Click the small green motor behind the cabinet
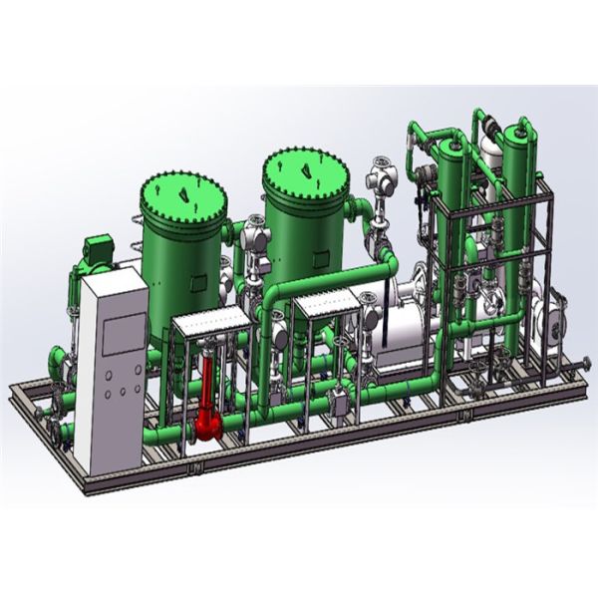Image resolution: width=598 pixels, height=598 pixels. coord(99,249)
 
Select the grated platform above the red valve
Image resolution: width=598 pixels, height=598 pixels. coord(210,320)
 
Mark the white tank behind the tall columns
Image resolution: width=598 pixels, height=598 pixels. coord(488,149)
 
